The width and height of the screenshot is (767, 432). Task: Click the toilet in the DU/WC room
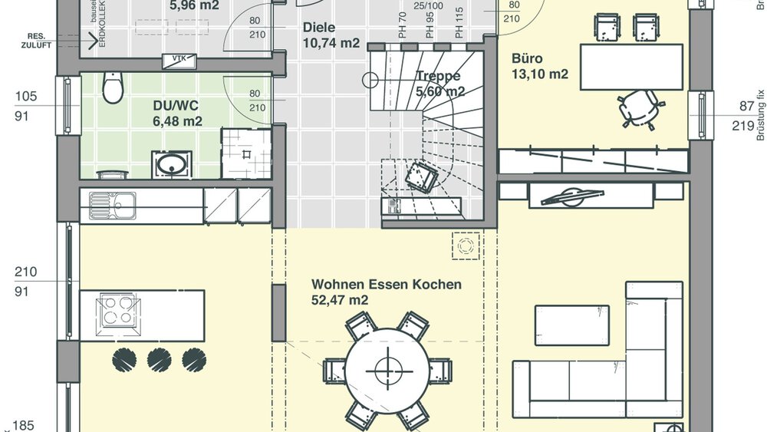(x=113, y=88)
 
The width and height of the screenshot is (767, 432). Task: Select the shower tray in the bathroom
(x=246, y=153)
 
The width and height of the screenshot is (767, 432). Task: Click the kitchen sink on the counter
(x=113, y=205)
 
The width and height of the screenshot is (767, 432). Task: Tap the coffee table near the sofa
(x=571, y=325)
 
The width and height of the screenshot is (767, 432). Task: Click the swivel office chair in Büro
(x=639, y=107)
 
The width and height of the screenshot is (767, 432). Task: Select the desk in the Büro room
(x=631, y=67)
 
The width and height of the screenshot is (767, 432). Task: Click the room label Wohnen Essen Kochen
(x=387, y=285)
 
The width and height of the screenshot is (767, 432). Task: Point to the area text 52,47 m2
(x=340, y=301)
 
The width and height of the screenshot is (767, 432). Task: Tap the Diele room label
(x=319, y=28)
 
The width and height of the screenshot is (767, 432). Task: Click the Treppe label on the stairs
(x=438, y=76)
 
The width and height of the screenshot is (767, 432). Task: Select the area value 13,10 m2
(x=540, y=74)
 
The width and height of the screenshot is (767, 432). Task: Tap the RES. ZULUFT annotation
(x=37, y=41)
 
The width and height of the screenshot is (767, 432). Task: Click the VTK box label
(x=178, y=58)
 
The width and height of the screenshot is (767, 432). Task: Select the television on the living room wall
(x=571, y=196)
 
